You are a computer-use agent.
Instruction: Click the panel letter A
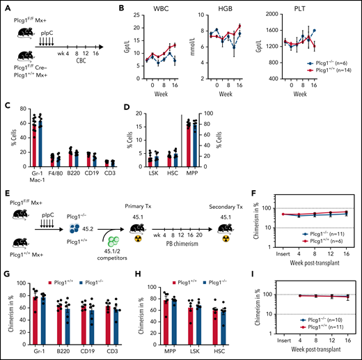coord(6,7)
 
